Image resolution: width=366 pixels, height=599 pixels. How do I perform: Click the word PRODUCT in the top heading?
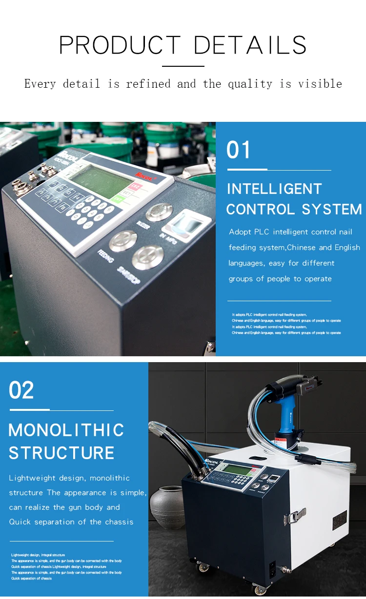(x=120, y=45)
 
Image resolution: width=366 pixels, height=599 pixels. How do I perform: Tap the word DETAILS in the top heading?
(x=250, y=45)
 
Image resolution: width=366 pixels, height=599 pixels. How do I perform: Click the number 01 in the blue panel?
(x=239, y=150)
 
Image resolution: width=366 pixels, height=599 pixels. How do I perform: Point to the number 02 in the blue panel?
(x=21, y=390)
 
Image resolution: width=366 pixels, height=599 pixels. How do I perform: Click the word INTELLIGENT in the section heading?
(x=274, y=189)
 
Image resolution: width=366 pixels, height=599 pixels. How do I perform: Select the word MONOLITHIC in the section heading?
(x=66, y=430)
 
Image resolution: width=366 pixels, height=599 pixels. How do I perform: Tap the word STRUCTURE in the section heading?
(x=61, y=453)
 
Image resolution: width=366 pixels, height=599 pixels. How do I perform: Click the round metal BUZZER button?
(x=159, y=212)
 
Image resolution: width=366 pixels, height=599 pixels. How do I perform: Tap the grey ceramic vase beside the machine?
(x=165, y=507)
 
